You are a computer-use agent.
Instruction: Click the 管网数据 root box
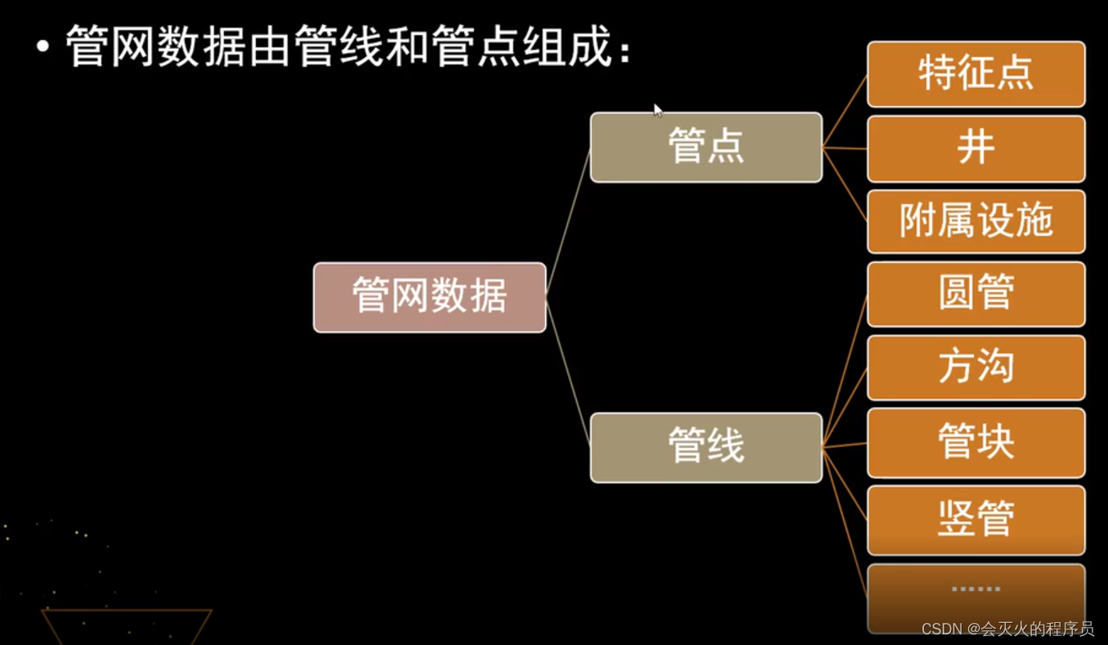[x=429, y=297]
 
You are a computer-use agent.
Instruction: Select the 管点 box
[x=706, y=148]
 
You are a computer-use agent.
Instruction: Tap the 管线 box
[x=706, y=447]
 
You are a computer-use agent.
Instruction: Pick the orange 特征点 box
[x=976, y=74]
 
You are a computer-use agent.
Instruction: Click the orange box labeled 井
[x=976, y=149]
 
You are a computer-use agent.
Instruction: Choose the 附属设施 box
[x=976, y=221]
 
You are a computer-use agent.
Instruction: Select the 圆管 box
[x=976, y=294]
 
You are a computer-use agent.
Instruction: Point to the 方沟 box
[x=976, y=367]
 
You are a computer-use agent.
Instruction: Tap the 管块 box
[x=976, y=443]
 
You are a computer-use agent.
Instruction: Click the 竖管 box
[x=976, y=519]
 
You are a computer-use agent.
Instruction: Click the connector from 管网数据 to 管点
[x=568, y=220]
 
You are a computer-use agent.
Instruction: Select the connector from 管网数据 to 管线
[x=568, y=372]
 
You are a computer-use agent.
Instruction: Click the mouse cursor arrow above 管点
[x=658, y=110]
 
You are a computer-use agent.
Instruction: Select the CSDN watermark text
[x=1007, y=629]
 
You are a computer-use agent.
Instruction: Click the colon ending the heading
[x=625, y=53]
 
